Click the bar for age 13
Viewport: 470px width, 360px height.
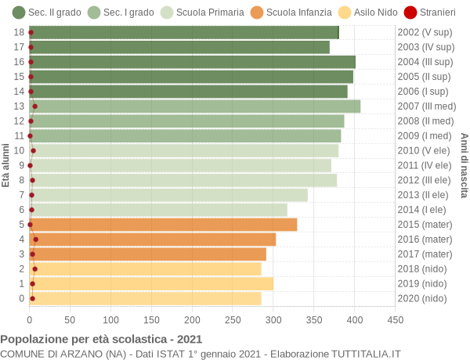pyautogui.click(x=195, y=106)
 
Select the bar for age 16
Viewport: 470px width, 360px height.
pyautogui.click(x=193, y=62)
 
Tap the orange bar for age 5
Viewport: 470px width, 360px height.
pyautogui.click(x=163, y=225)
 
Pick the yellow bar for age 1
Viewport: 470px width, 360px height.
pyautogui.click(x=151, y=283)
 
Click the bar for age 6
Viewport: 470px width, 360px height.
pyautogui.click(x=158, y=210)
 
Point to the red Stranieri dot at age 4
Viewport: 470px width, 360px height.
pyautogui.click(x=36, y=239)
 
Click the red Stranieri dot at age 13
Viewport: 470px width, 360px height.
pyautogui.click(x=34, y=106)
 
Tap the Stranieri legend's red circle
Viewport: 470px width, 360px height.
pyautogui.click(x=410, y=13)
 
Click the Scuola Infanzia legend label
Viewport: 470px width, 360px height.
pyautogui.click(x=299, y=13)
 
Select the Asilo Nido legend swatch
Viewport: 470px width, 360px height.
pyautogui.click(x=345, y=13)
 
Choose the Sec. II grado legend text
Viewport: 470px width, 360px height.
pyautogui.click(x=55, y=13)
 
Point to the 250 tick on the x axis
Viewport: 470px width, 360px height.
pyautogui.click(x=233, y=320)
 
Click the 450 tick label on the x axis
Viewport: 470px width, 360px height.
pyautogui.click(x=396, y=320)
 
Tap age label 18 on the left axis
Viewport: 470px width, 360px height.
pyautogui.click(x=19, y=32)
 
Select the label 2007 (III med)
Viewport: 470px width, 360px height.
pyautogui.click(x=427, y=106)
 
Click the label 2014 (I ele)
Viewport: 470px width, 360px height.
pyautogui.click(x=421, y=210)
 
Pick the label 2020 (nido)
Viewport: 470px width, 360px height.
pyautogui.click(x=422, y=298)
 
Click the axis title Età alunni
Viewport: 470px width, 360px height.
pyautogui.click(x=5, y=165)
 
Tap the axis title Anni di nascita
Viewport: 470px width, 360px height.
pyautogui.click(x=464, y=165)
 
